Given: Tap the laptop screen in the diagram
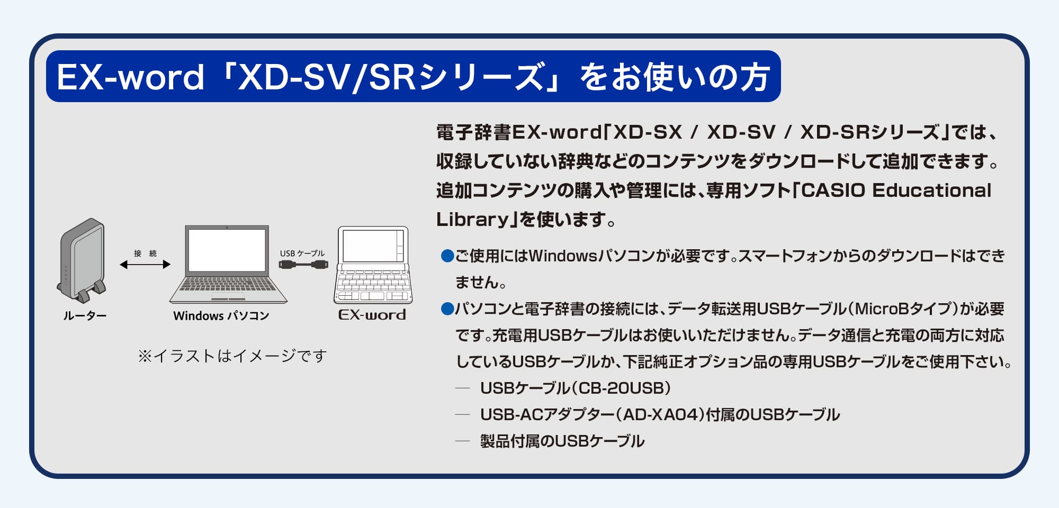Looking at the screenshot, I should [227, 250].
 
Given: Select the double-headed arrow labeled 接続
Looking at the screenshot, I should [145, 264].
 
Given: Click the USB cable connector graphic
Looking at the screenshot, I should [303, 264].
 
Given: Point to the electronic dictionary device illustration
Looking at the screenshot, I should [373, 265].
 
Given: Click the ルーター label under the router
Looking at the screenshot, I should [85, 316].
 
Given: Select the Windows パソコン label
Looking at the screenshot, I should [221, 316].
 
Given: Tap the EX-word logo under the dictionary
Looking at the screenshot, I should [372, 315].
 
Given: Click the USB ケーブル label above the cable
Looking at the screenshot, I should [302, 253].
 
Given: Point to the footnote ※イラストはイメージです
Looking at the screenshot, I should [232, 356].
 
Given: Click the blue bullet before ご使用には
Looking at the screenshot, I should [447, 257].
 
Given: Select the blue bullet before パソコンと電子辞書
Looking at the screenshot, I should [447, 309].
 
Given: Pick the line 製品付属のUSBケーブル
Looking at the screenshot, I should [562, 441].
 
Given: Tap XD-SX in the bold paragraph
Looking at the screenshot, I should [647, 132].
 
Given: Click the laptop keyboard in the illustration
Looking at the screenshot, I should [228, 285].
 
